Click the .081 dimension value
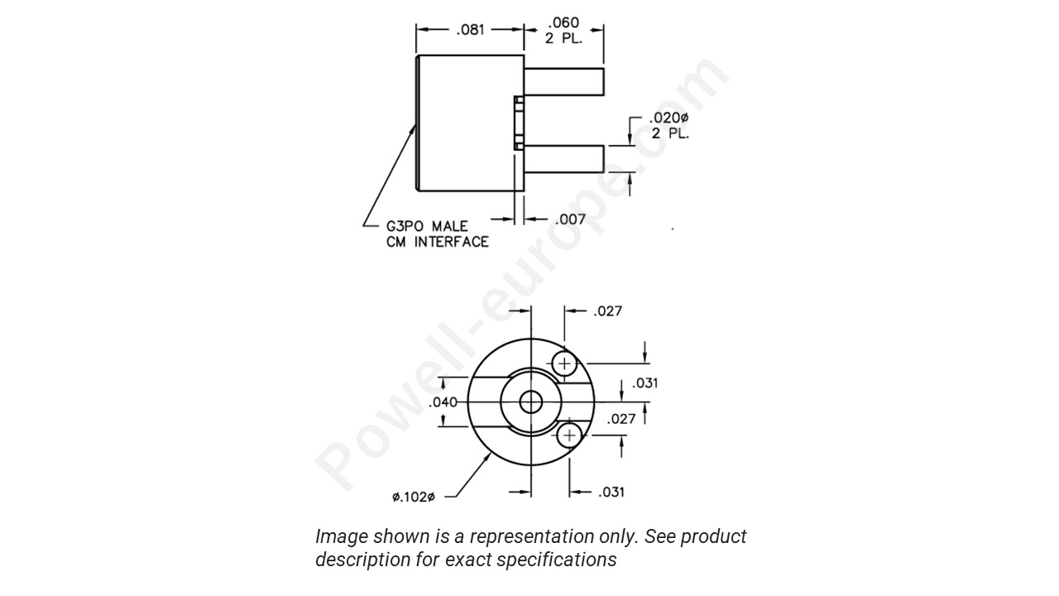(x=470, y=31)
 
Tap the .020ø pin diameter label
(x=668, y=118)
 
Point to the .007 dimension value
(x=570, y=219)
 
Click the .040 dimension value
(x=443, y=403)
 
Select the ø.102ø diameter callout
(x=413, y=497)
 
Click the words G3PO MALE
(x=427, y=226)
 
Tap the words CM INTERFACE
(x=437, y=242)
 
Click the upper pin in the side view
(x=564, y=81)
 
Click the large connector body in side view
(x=469, y=123)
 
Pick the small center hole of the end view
(x=530, y=403)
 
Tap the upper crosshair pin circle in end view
(x=565, y=363)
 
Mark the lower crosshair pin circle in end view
(x=569, y=435)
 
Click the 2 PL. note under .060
(x=563, y=38)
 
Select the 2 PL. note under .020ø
(x=669, y=133)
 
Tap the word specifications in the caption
(x=556, y=560)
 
